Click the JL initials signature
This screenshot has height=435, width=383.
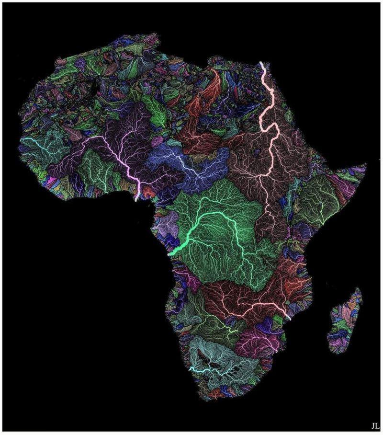(x=374, y=425)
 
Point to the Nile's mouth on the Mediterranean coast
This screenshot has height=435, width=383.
(x=261, y=63)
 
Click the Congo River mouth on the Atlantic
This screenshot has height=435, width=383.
(x=169, y=255)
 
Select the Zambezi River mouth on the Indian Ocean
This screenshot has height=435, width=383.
(x=289, y=318)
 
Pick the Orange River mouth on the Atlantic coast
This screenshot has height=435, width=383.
(x=190, y=370)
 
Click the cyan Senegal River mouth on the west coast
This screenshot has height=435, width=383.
(x=21, y=139)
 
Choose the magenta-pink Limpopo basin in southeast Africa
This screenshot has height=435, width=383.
(x=259, y=340)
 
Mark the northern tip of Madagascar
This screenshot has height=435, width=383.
(x=359, y=288)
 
